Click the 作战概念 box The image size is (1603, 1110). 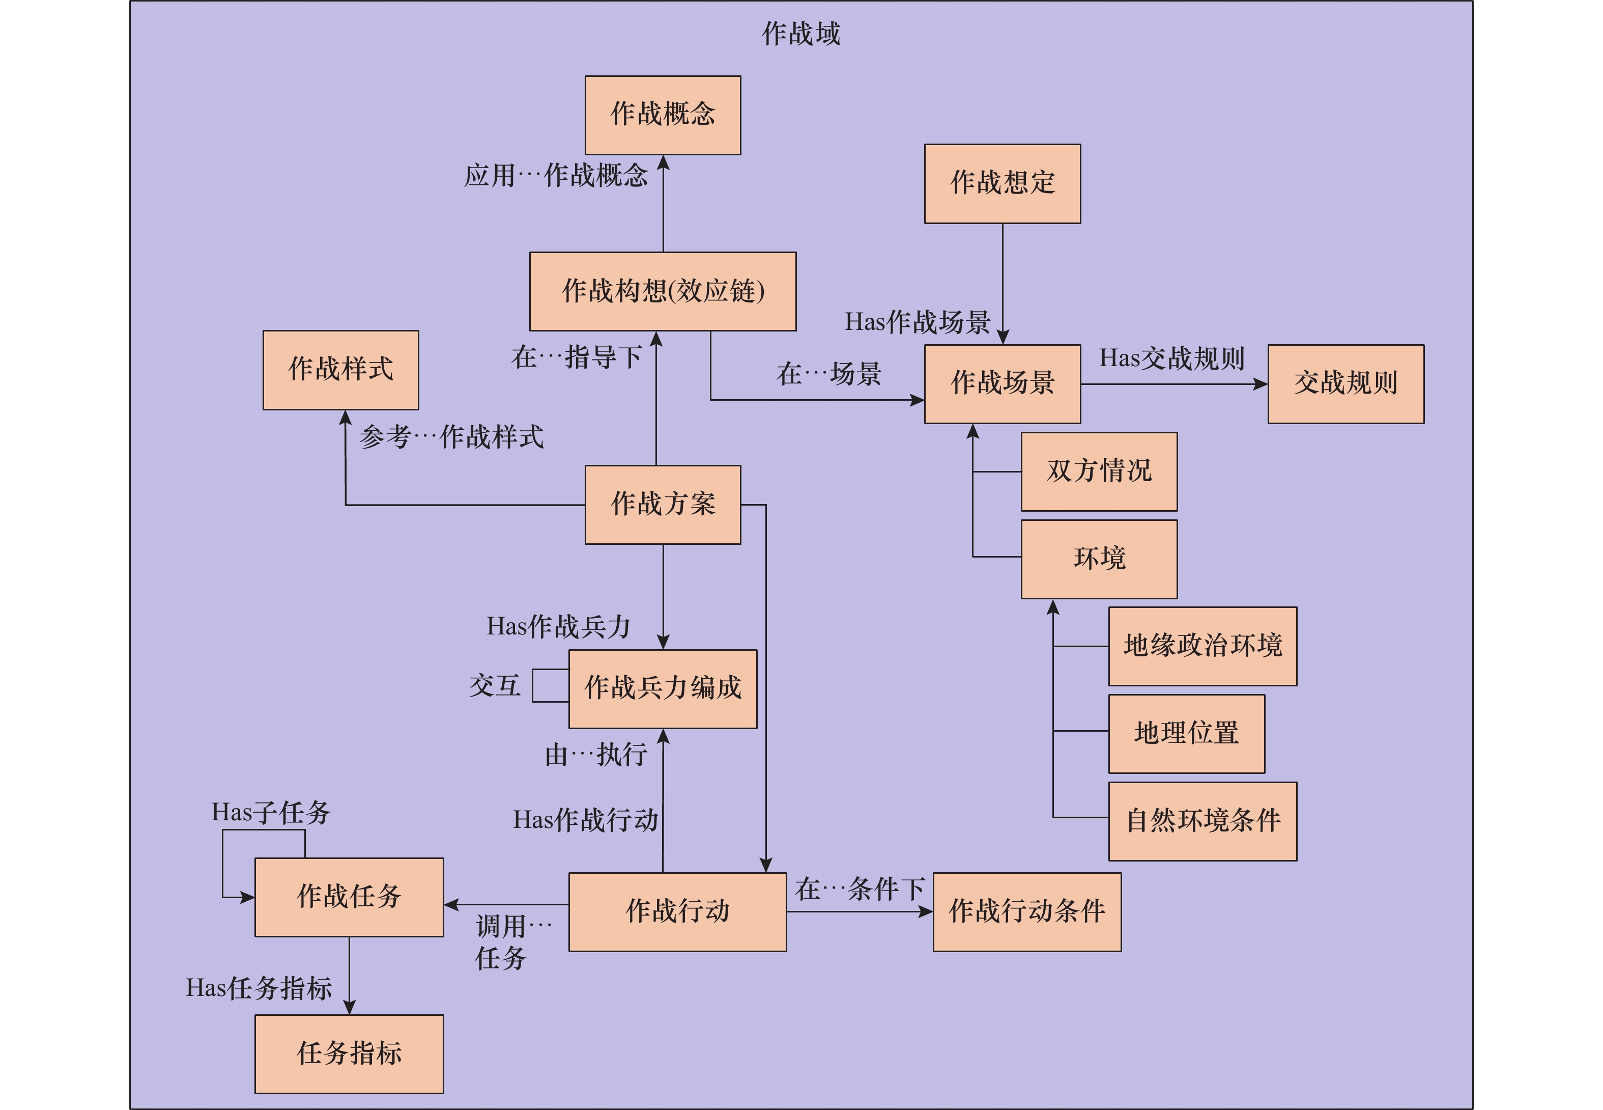click(x=663, y=115)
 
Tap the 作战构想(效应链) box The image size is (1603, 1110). click(x=663, y=291)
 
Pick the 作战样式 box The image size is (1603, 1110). click(x=340, y=369)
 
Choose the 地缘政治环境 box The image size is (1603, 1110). click(x=1202, y=646)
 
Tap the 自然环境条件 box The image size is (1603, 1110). click(x=1202, y=821)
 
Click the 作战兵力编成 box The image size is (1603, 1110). click(x=663, y=688)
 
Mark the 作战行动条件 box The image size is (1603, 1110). click(x=1027, y=911)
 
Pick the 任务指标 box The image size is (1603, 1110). click(x=349, y=1053)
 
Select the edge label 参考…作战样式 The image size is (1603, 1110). click(x=451, y=437)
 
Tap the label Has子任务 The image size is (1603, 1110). click(x=270, y=812)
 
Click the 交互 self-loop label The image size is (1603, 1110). click(x=494, y=686)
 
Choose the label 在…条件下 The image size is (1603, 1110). click(x=860, y=889)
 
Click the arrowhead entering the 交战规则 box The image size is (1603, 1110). click(x=1261, y=384)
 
